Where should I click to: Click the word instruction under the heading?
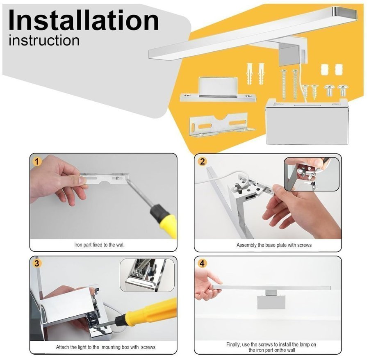coord(44,40)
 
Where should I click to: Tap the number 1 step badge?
coord(37,162)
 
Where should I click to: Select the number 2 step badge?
coord(203,162)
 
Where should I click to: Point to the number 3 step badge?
coord(37,263)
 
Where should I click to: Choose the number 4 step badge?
coord(202,263)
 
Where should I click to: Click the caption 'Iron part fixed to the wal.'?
coord(99,245)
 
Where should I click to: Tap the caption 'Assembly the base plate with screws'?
coord(274,245)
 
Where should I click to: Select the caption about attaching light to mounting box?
coord(106,347)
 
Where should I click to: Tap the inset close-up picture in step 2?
coord(312,174)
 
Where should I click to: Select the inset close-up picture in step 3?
coord(148,275)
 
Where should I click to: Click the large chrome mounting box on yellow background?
coord(307,122)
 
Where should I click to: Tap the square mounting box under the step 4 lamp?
coord(271,302)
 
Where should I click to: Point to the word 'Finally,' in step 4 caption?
coord(233,344)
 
